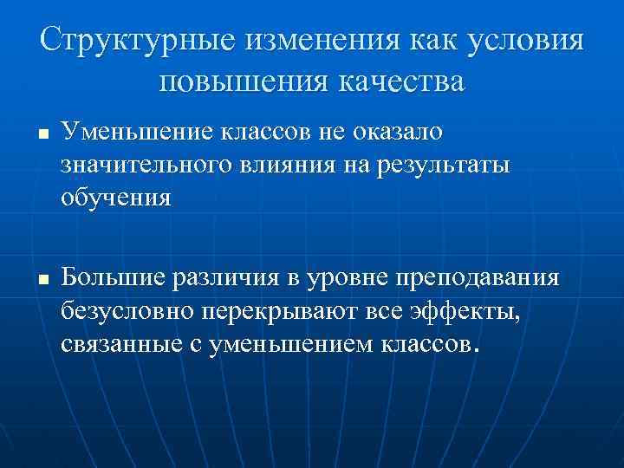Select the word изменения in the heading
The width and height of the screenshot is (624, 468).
(315, 39)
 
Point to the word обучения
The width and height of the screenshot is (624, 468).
(116, 198)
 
